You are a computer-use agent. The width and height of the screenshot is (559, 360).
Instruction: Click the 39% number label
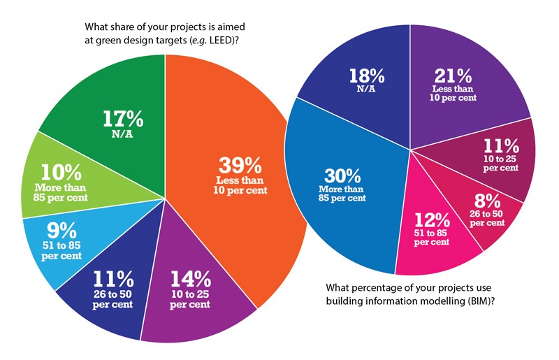[240, 165]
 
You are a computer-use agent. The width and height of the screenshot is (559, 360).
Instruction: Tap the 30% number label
[342, 175]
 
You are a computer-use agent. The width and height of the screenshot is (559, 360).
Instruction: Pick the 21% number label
[453, 75]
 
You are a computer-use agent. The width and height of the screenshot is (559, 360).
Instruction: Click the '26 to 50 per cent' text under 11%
[112, 299]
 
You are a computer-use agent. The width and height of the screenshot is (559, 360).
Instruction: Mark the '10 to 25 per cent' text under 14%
[190, 299]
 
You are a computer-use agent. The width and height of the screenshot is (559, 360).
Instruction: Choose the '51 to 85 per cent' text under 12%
[431, 238]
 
